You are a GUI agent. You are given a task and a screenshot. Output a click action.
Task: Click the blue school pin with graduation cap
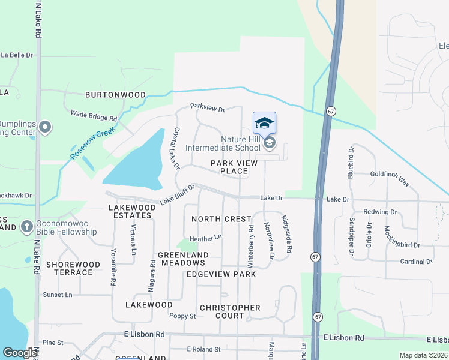click(264, 124)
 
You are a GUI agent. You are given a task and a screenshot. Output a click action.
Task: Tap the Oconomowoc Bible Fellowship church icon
click(26, 226)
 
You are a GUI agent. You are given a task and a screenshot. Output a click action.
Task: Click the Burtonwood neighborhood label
click(115, 95)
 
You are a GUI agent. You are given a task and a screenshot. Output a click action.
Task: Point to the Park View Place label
click(229, 167)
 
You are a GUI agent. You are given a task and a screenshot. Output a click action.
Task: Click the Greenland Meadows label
click(183, 259)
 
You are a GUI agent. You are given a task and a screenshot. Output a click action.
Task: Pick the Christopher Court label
click(230, 311)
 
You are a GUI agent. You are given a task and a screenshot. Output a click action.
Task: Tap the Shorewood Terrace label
click(73, 268)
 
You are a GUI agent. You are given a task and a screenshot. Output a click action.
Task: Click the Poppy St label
click(182, 316)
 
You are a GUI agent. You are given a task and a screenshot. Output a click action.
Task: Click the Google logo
click(20, 353)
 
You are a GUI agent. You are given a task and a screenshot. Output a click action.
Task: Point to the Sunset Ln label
click(58, 295)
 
